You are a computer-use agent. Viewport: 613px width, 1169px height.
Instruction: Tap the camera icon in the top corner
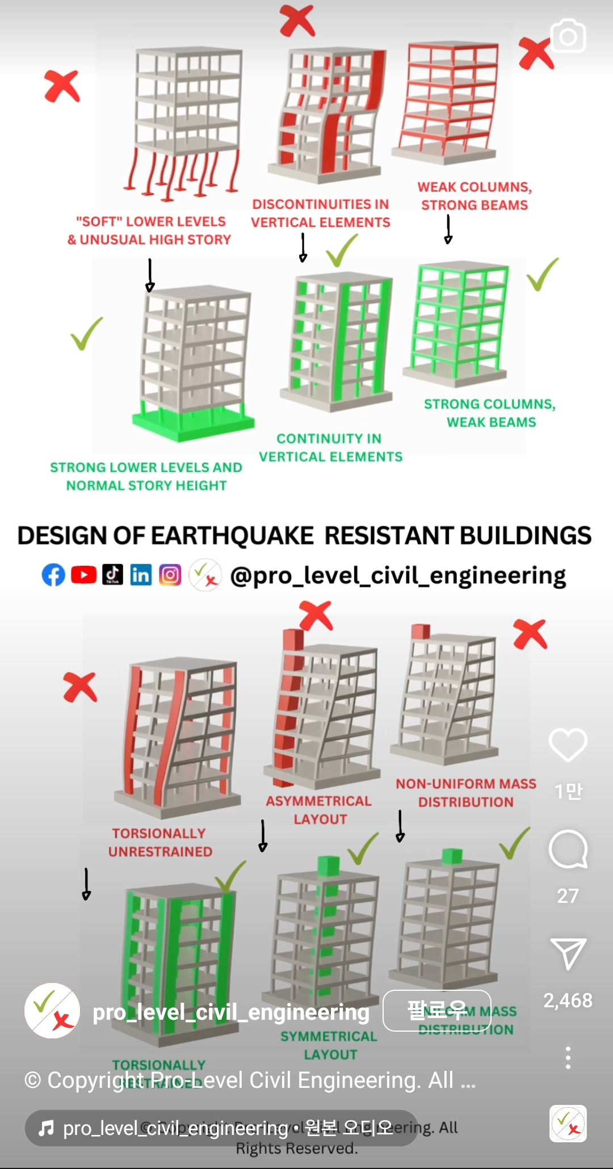point(568,36)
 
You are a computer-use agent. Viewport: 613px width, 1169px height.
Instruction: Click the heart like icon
point(568,745)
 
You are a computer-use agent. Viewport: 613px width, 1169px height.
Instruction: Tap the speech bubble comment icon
point(568,850)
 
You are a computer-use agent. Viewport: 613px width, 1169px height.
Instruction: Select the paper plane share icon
point(568,953)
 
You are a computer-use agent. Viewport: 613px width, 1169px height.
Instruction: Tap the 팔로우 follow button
point(436,1011)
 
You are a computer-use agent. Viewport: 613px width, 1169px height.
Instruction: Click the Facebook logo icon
point(53,575)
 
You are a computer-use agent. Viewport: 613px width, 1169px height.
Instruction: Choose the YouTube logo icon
point(83,575)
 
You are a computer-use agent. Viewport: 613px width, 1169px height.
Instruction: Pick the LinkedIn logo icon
point(141,575)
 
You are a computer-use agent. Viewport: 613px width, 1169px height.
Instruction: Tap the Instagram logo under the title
point(170,575)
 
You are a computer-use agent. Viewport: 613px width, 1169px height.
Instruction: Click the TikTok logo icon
point(112,574)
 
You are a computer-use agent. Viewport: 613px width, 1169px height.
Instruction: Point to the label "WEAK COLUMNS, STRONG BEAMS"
point(475,196)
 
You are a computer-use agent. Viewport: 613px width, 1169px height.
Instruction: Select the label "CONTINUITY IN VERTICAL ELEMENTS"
point(330,448)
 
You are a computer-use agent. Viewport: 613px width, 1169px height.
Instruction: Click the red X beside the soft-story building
point(62,86)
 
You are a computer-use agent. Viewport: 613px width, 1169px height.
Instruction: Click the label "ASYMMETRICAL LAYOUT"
point(319,810)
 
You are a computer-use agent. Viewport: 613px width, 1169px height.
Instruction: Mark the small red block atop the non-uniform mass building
point(421,631)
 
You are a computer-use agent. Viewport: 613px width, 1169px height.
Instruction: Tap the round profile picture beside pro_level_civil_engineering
point(52,1011)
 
